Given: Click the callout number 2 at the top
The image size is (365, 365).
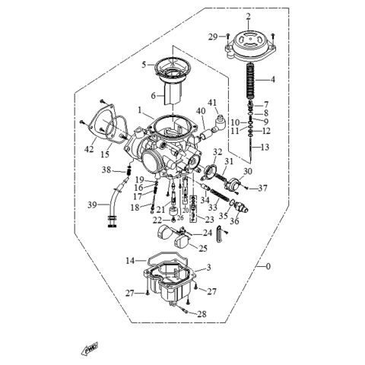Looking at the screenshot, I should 247,16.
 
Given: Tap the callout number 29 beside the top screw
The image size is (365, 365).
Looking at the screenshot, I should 213,36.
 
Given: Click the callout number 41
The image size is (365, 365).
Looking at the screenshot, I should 213,102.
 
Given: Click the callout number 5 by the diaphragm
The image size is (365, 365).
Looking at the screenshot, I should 143,65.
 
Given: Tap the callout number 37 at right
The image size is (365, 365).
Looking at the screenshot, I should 264,188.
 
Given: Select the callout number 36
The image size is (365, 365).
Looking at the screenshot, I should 233,221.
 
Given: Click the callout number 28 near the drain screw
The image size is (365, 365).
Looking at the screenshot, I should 202,313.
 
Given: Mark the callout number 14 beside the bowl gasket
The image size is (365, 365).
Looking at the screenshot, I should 130,260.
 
